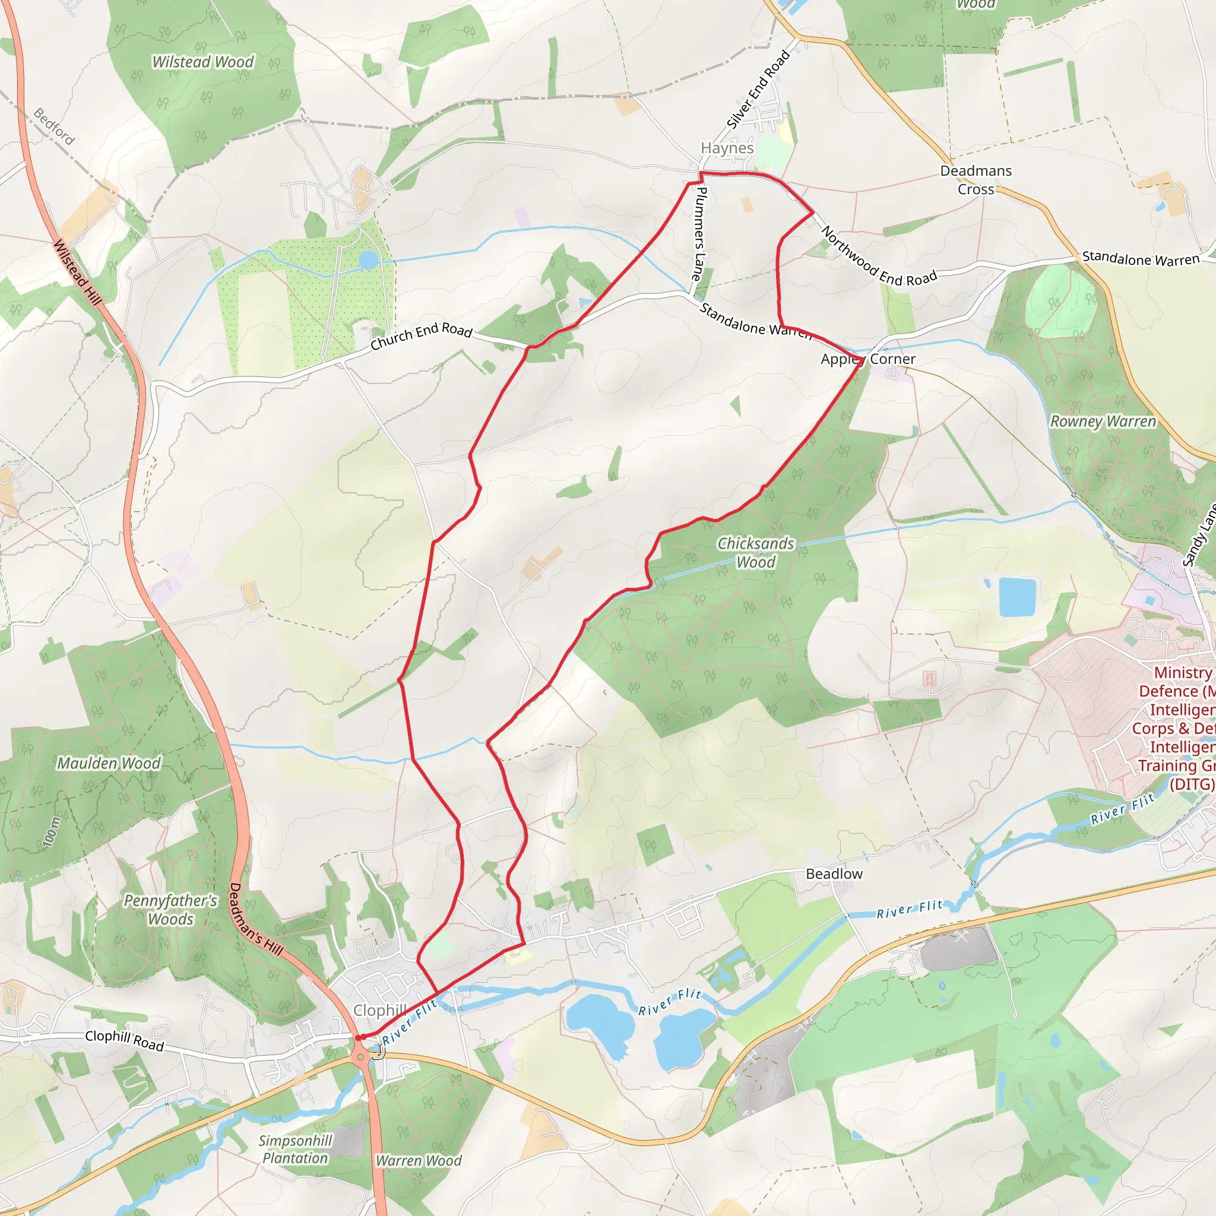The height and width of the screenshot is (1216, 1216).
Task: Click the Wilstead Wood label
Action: tap(202, 62)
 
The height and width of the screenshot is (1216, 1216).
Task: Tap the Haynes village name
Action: tap(727, 148)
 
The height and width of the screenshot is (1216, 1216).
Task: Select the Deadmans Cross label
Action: tap(976, 180)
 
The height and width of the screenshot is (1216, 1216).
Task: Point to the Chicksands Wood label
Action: tap(756, 553)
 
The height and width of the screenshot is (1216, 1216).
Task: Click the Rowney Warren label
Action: tap(1103, 422)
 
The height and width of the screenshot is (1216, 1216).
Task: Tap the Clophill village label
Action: tap(379, 1010)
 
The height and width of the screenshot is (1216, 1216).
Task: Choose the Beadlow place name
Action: tap(834, 873)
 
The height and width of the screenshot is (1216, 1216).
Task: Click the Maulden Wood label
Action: tap(109, 764)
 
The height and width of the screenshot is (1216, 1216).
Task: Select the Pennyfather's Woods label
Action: tap(170, 910)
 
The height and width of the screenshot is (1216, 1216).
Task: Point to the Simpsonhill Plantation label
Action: tap(295, 1149)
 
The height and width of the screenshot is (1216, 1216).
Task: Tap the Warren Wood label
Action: tap(419, 1161)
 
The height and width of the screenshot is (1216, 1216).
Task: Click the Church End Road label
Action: tap(421, 335)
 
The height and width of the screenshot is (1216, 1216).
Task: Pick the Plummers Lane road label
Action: tap(699, 233)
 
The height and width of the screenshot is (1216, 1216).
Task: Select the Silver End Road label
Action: tap(758, 90)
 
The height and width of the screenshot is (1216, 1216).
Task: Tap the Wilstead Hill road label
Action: tap(77, 273)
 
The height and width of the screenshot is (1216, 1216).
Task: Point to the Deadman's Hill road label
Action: tap(255, 920)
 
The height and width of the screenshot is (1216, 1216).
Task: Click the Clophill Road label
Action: tap(125, 1040)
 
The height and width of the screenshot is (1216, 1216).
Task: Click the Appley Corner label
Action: tap(868, 359)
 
